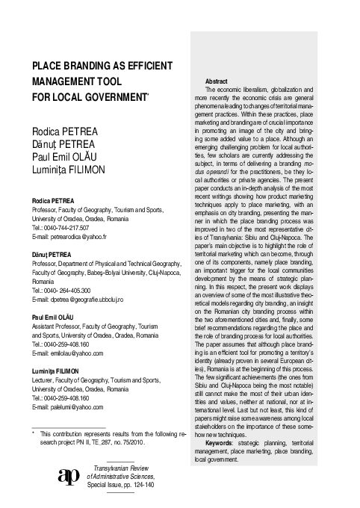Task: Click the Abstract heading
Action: (x=215, y=81)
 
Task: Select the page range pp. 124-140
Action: (x=135, y=493)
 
